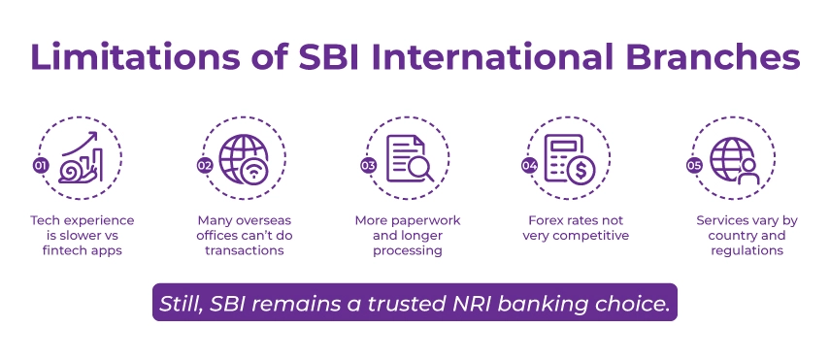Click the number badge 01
[42, 166]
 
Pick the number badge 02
[205, 166]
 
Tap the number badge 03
[369, 166]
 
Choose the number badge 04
[530, 166]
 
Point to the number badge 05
[694, 166]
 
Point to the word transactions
[245, 250]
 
